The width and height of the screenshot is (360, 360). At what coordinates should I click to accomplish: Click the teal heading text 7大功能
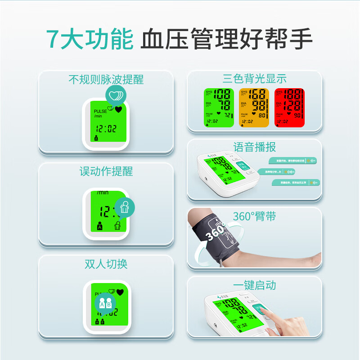point(90,40)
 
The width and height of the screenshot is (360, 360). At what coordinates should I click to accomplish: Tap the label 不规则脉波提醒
point(106,80)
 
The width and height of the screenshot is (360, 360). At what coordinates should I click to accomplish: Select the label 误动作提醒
point(106,171)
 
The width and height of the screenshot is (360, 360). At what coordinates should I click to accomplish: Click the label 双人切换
point(106,264)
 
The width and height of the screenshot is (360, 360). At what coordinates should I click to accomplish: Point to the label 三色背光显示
point(254,79)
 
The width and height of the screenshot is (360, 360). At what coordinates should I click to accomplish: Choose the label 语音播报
point(254,147)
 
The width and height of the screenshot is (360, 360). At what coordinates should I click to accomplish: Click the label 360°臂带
point(254,216)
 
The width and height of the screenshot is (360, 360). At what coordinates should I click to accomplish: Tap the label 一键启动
point(254,285)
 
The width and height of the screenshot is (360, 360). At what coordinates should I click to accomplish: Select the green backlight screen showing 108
point(218,107)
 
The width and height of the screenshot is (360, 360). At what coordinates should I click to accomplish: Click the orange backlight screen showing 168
point(254,107)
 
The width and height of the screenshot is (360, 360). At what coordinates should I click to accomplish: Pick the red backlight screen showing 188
point(289,107)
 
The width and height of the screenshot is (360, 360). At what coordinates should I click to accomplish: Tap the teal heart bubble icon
point(116,95)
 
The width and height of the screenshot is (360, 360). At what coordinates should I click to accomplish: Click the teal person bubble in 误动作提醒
point(125,207)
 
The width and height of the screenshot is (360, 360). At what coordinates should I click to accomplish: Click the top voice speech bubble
point(293,160)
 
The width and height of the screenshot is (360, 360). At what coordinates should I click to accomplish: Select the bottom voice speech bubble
point(295,183)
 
